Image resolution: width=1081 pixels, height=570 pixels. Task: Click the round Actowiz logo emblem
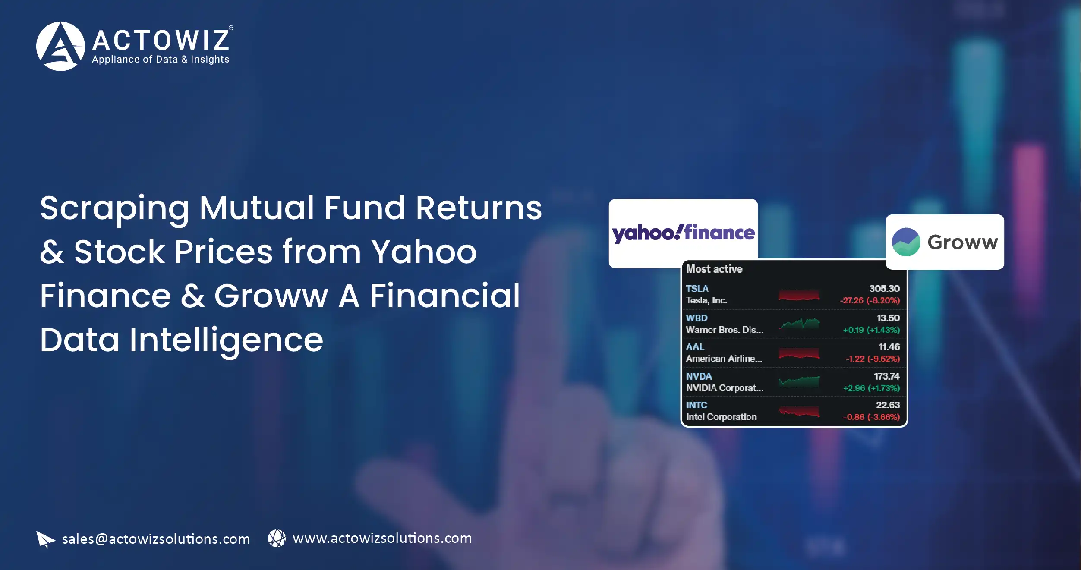[60, 46]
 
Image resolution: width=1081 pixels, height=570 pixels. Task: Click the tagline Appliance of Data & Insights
[161, 60]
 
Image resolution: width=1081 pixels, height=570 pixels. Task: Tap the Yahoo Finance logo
[683, 233]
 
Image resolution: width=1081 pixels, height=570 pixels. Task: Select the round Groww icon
[906, 242]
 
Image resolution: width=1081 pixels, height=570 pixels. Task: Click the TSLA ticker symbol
[697, 288]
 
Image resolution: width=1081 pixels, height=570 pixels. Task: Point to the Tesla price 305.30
[884, 288]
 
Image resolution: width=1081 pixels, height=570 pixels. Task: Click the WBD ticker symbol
[697, 318]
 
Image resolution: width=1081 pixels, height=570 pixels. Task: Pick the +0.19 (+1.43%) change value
[871, 330]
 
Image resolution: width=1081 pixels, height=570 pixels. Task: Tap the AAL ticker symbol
[695, 347]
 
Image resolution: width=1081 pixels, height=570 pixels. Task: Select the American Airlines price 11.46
[889, 347]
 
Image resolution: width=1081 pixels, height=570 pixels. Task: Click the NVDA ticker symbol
[699, 376]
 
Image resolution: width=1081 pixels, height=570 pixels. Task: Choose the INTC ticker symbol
[697, 405]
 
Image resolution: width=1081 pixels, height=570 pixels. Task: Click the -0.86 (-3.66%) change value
[871, 417]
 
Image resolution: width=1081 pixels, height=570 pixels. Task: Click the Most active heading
[714, 269]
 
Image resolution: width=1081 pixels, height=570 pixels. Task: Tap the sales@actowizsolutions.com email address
[156, 539]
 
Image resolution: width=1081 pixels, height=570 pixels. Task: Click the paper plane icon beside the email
[45, 539]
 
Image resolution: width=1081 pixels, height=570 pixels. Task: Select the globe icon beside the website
[277, 539]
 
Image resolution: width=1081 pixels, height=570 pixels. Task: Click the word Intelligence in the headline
[226, 341]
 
